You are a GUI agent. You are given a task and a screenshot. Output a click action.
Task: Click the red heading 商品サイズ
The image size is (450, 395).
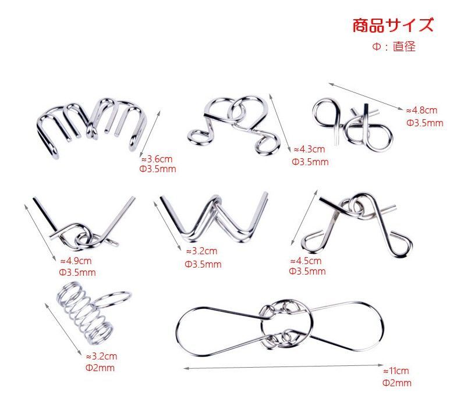coord(392,25)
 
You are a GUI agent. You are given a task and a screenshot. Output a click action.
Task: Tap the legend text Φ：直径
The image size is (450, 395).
coord(394,47)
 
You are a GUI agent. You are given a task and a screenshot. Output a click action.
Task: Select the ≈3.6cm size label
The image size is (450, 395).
coord(157,159)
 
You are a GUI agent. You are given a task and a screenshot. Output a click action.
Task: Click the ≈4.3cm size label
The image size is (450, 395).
coord(309,149)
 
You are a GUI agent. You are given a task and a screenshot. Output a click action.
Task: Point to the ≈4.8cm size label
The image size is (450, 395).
coord(421,110)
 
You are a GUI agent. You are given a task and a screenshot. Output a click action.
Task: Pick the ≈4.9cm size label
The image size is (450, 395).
coord(76,261)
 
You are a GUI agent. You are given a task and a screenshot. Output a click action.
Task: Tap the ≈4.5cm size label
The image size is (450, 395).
coord(306,261)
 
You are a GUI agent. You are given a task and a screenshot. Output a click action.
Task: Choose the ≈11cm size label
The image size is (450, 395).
coord(396,371)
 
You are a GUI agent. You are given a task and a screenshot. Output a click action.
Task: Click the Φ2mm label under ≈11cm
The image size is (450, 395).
coord(397,383)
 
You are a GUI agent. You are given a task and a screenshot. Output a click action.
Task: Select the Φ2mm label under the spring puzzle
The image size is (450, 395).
coord(100,368)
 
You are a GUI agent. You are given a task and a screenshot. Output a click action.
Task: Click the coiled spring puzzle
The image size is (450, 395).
coord(85,312)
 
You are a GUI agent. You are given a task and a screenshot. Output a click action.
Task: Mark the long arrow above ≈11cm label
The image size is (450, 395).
coord(284,367)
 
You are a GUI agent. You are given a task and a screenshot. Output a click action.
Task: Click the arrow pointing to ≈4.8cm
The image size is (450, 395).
coord(366,97)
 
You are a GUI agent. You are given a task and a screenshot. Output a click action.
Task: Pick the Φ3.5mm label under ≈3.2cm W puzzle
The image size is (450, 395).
coord(203,264)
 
